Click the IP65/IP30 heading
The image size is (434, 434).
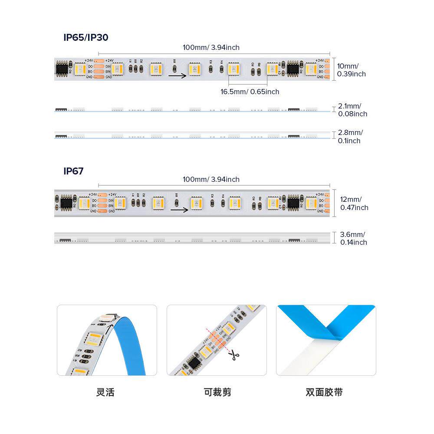pos(86,37)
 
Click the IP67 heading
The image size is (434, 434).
pos(73,171)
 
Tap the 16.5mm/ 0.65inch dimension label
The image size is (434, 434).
pos(250,92)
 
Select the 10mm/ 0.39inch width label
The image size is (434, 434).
pos(351,70)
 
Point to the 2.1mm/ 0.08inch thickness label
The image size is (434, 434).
pos(352,110)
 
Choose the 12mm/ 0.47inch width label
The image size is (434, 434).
pos(354,204)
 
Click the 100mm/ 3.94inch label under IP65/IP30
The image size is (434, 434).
pos(211,47)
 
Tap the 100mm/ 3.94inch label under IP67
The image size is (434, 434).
pos(211,179)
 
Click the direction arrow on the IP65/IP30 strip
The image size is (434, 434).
pos(178,76)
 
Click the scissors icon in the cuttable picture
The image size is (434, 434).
pos(235,355)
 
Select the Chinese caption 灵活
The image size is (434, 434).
pos(105,392)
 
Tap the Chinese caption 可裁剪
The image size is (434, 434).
pos(217,392)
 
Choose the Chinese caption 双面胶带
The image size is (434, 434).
pos(324,392)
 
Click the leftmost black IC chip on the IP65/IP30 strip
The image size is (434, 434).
pos(61,69)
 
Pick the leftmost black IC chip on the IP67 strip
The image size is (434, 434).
pos(66,202)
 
